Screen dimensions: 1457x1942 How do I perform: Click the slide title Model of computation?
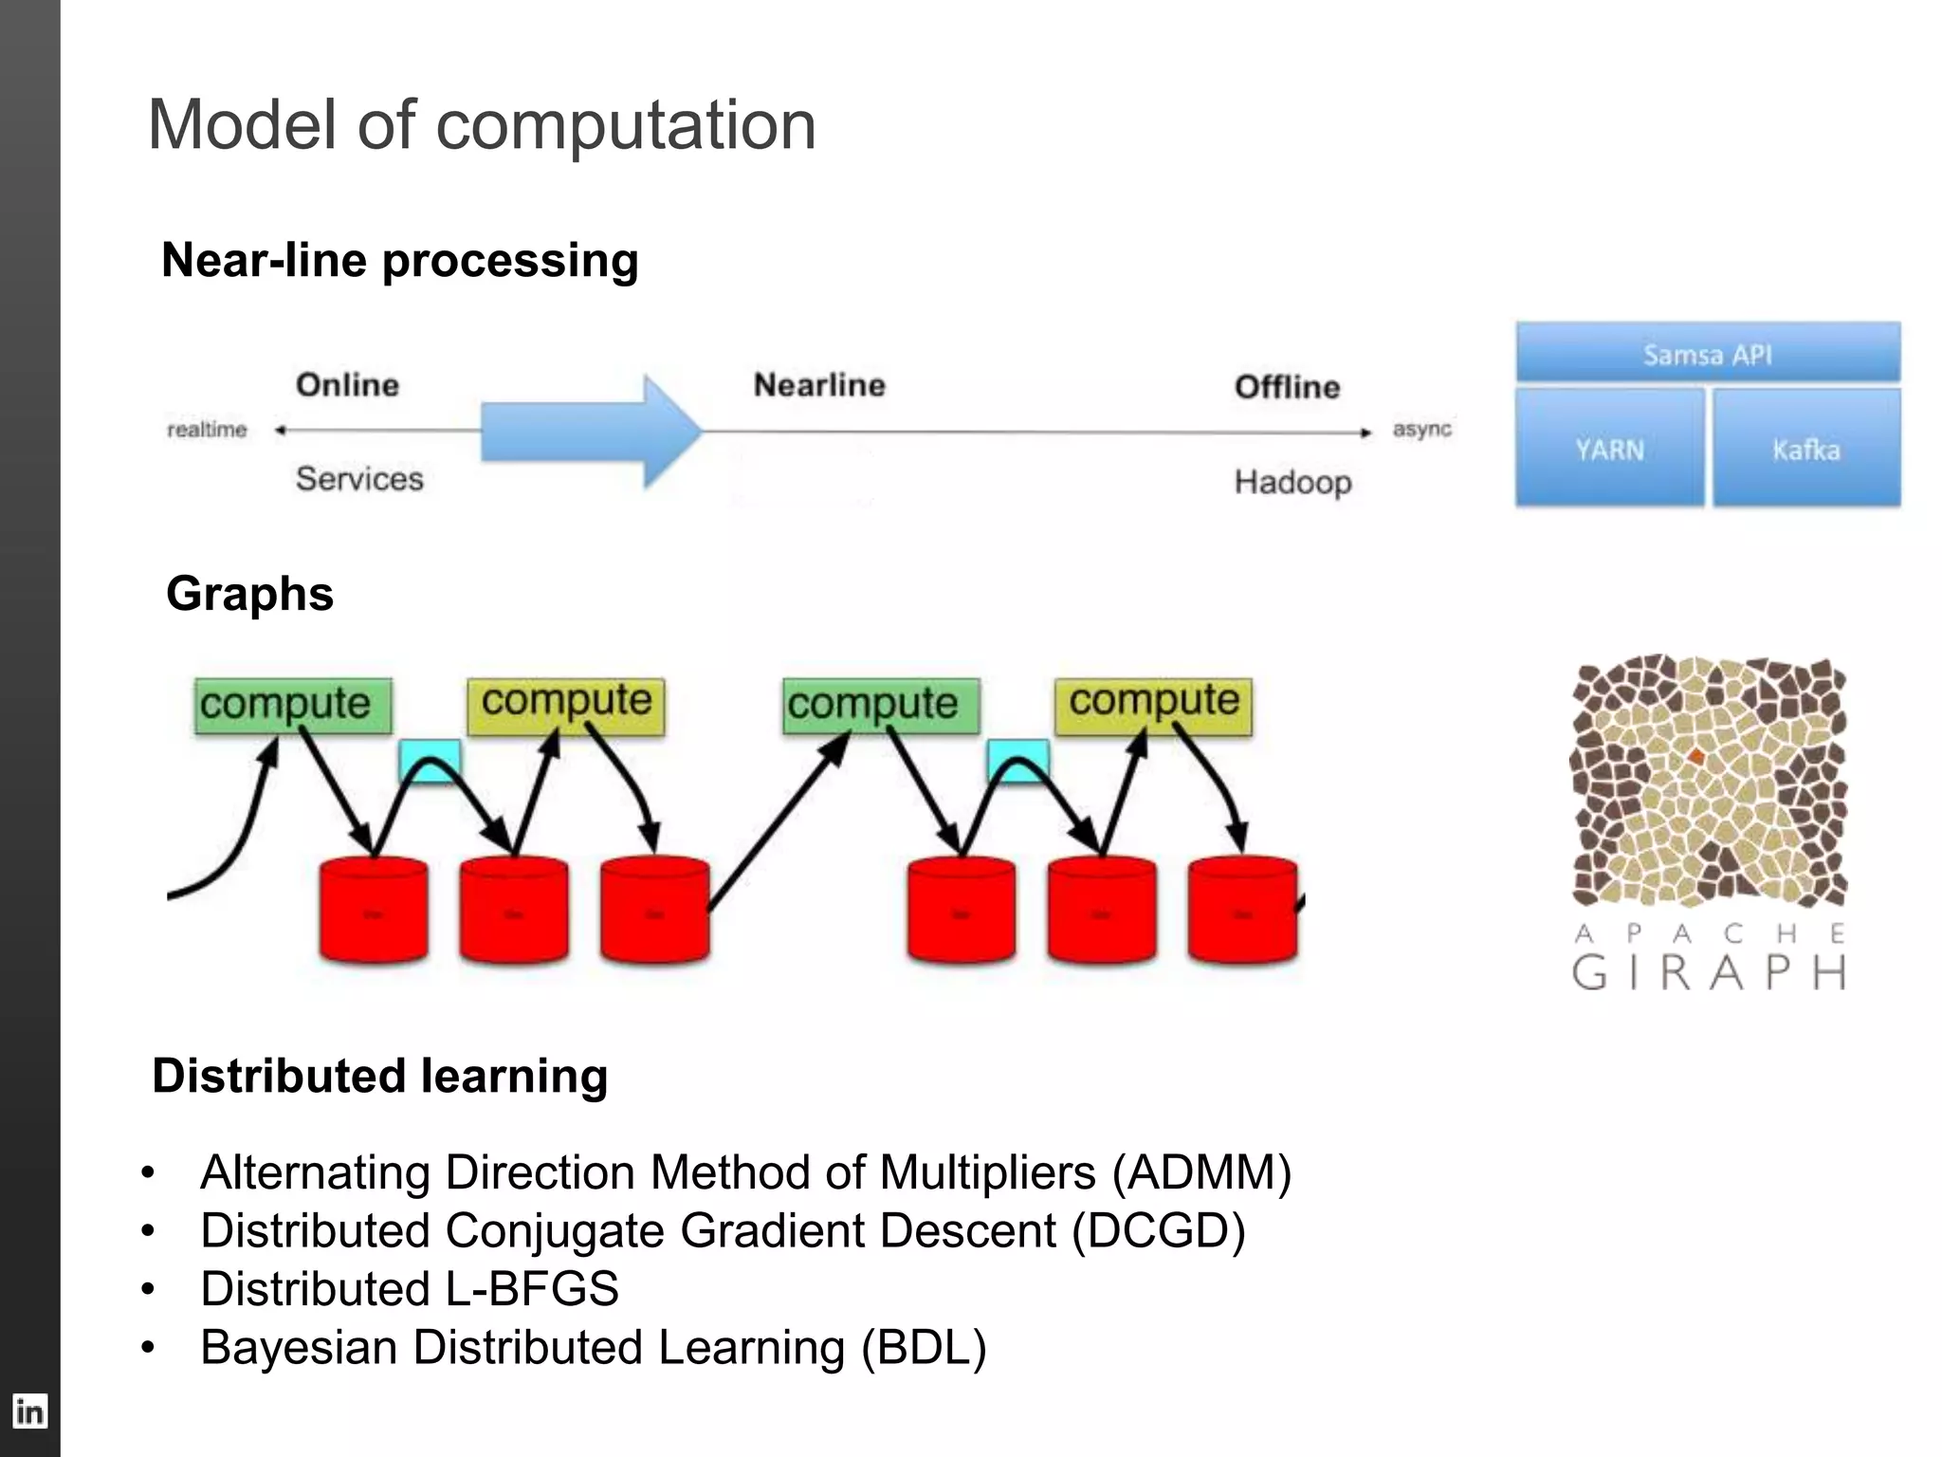482,125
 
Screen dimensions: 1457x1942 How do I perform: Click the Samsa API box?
1707,354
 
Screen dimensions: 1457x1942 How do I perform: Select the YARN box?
1609,449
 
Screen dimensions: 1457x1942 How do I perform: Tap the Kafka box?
1805,449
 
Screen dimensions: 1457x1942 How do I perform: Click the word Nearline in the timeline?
819,385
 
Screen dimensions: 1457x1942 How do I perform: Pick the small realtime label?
207,430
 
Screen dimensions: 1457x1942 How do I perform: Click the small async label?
1421,429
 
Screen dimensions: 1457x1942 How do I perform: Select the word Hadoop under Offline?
1292,482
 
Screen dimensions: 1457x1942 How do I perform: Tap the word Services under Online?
359,478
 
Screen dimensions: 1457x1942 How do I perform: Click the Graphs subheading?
249,594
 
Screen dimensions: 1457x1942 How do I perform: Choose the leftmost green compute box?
292,705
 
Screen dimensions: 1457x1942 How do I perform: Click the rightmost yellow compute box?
1153,705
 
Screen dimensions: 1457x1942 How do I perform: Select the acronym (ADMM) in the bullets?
1201,1172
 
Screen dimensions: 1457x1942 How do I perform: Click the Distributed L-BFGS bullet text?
409,1289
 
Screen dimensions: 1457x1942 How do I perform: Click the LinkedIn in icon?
29,1411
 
